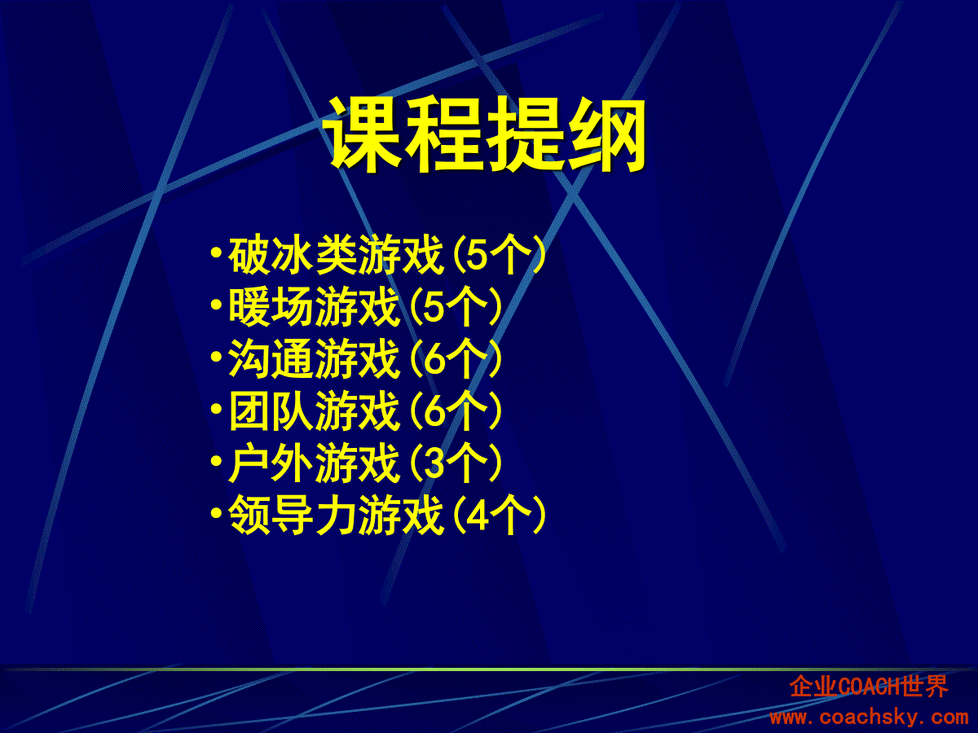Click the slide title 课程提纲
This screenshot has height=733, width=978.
(x=485, y=134)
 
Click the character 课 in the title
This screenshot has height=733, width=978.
(x=362, y=134)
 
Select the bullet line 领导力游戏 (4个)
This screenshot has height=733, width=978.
(x=379, y=515)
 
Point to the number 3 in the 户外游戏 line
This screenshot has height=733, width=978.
(x=434, y=463)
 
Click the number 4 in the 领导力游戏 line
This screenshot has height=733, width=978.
(x=478, y=516)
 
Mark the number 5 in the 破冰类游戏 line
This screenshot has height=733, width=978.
(x=478, y=256)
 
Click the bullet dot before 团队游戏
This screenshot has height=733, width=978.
(x=217, y=409)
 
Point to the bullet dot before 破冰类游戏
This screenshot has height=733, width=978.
(x=217, y=252)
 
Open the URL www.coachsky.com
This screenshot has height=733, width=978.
(x=869, y=718)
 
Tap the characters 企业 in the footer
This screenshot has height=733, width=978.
(x=813, y=687)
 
